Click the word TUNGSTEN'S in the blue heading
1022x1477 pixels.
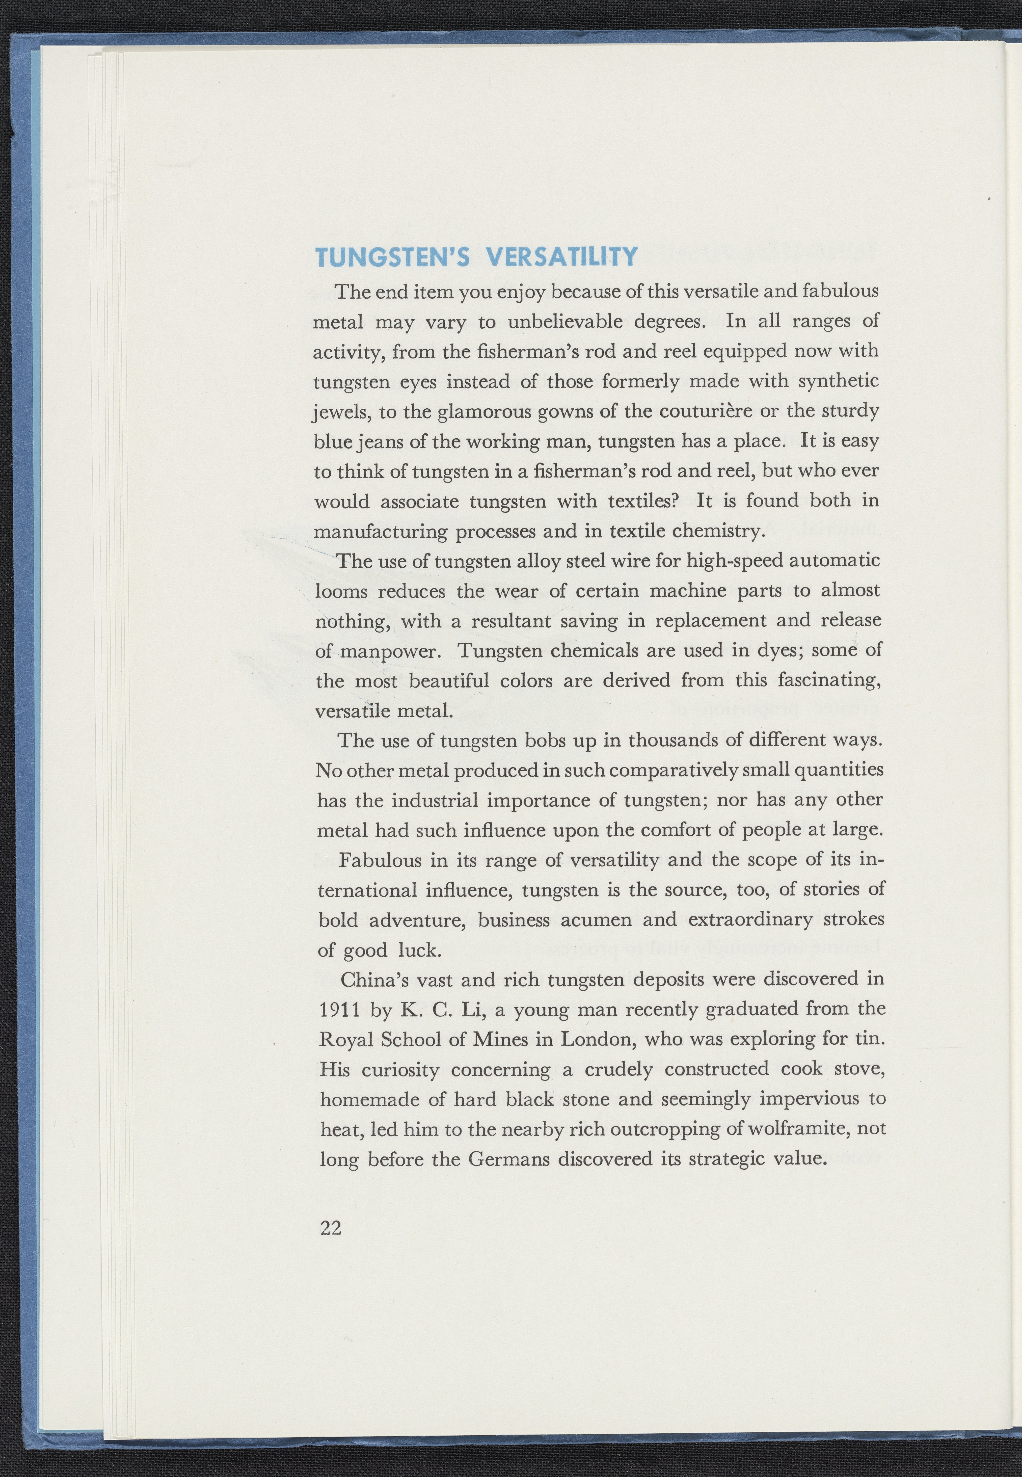tap(393, 257)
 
